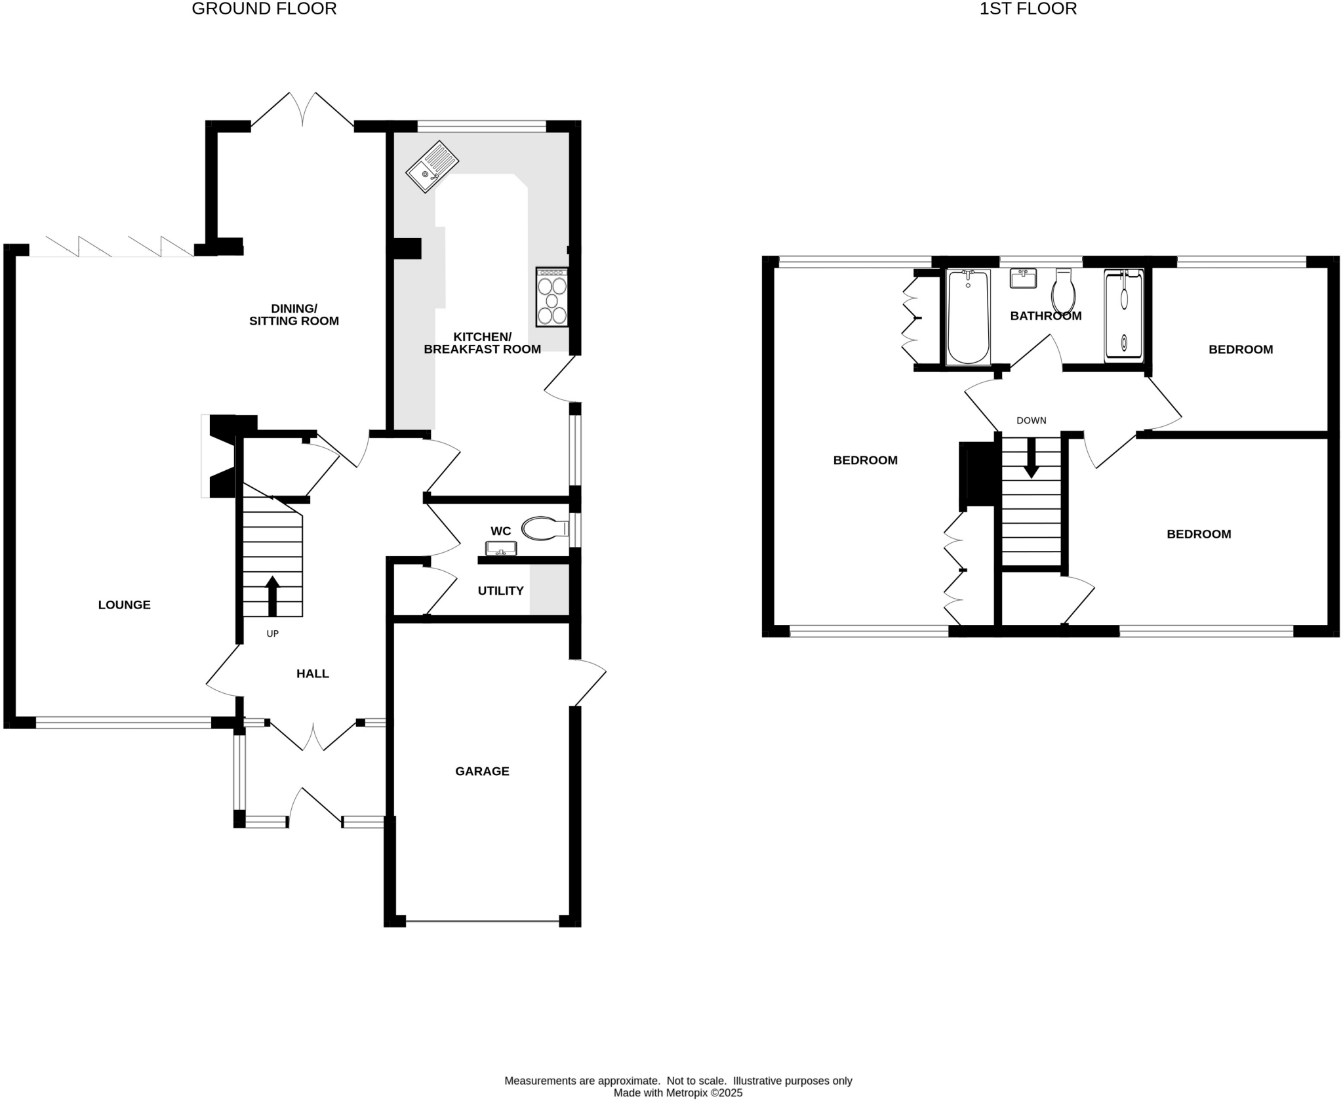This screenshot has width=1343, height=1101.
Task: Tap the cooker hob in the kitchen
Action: click(x=551, y=297)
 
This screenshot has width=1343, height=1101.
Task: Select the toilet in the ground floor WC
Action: click(x=544, y=529)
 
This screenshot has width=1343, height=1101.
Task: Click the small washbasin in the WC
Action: click(x=501, y=548)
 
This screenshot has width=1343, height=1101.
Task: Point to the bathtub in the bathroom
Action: click(x=968, y=317)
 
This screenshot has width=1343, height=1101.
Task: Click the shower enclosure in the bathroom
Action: click(x=1123, y=316)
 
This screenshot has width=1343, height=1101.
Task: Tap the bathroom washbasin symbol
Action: click(x=1022, y=278)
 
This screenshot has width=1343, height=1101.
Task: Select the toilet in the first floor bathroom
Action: click(x=1063, y=292)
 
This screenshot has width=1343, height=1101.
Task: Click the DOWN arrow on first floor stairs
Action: click(x=1031, y=458)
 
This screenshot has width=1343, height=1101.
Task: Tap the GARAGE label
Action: click(x=482, y=771)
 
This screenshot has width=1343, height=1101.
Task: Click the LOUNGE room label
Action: click(x=124, y=605)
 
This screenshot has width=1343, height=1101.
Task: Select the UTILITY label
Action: click(x=500, y=591)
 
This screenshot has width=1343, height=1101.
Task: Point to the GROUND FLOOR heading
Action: click(x=264, y=9)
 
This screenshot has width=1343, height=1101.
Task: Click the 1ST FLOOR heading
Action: click(x=1028, y=9)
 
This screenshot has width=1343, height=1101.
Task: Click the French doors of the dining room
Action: click(x=302, y=110)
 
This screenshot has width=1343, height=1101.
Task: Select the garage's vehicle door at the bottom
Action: click(x=482, y=921)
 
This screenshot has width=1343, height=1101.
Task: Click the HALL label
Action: click(x=312, y=673)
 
